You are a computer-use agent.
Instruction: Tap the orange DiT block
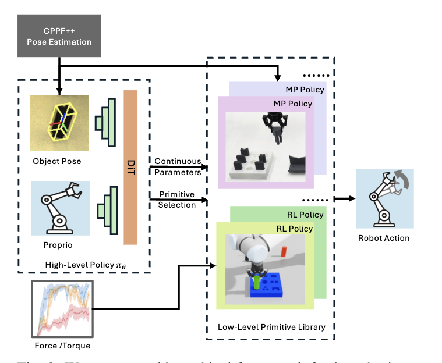(130, 167)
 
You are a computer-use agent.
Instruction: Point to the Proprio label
(58, 244)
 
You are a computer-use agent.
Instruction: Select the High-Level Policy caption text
(85, 265)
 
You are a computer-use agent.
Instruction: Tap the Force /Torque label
(63, 346)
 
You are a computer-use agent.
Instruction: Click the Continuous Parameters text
(177, 166)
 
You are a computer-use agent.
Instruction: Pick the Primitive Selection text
(177, 200)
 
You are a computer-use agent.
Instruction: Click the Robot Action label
(384, 238)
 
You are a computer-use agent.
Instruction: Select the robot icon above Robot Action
(384, 198)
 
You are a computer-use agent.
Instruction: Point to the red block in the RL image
(284, 251)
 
